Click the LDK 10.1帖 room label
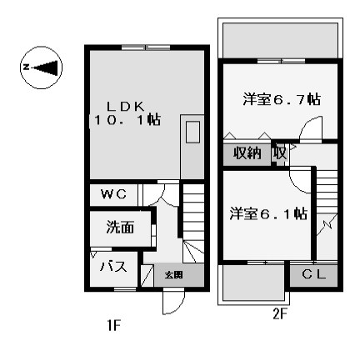pyautogui.click(x=127, y=113)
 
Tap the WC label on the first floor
pyautogui.click(x=114, y=194)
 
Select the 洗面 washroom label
pyautogui.click(x=120, y=227)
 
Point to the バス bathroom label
pyautogui.click(x=113, y=267)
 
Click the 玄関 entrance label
pyautogui.click(x=174, y=275)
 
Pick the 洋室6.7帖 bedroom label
pyautogui.click(x=282, y=99)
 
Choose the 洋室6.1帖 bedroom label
pyautogui.click(x=268, y=213)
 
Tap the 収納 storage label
pyautogui.click(x=247, y=153)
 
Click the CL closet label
pyautogui.click(x=314, y=274)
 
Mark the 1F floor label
pyautogui.click(x=113, y=325)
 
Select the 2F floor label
pyautogui.click(x=279, y=314)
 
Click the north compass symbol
pyautogui.click(x=41, y=68)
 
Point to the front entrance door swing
pyautogui.click(x=174, y=302)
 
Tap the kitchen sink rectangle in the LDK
pyautogui.click(x=192, y=132)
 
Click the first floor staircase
pyautogui.click(x=193, y=223)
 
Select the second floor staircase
pyautogui.click(x=327, y=215)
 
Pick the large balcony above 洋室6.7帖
pyautogui.click(x=280, y=41)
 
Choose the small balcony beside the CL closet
pyautogui.click(x=254, y=283)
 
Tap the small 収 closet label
pyautogui.click(x=280, y=153)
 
